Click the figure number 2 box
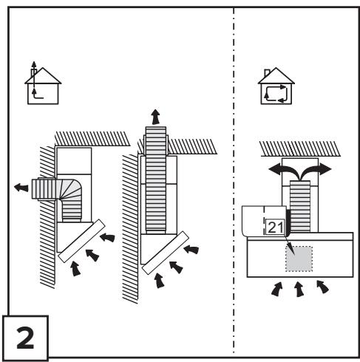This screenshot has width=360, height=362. (x=25, y=338)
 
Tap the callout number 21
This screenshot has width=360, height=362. (x=276, y=227)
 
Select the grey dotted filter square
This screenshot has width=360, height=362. (x=299, y=259)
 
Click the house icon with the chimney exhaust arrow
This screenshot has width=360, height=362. (x=43, y=83)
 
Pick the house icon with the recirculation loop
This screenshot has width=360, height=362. (x=276, y=86)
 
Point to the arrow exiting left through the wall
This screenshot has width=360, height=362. (x=21, y=188)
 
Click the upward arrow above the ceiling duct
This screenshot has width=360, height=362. (x=156, y=117)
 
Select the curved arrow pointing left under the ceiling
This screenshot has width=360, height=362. (x=283, y=171)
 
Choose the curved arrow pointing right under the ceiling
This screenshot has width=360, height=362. (x=316, y=170)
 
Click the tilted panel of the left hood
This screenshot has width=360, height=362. (x=81, y=241)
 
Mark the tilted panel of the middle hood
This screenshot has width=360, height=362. (x=166, y=253)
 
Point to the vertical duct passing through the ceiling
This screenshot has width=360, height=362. (x=156, y=180)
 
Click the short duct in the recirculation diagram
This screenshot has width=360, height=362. (x=300, y=206)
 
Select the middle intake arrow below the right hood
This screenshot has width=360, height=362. (x=299, y=289)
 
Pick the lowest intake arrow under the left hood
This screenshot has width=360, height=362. (x=75, y=269)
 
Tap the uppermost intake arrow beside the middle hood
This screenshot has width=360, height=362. (x=191, y=250)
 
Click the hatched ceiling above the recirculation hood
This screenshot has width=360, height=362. (x=299, y=148)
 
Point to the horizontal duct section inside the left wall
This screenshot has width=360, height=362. (x=44, y=189)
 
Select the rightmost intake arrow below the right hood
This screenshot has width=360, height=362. (x=322, y=287)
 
